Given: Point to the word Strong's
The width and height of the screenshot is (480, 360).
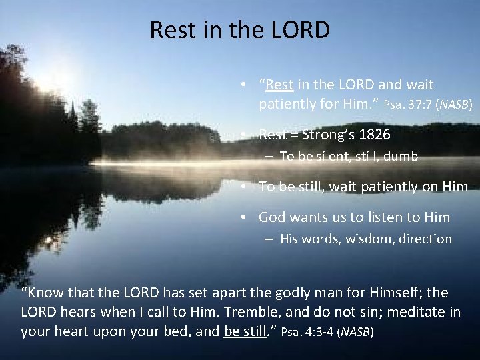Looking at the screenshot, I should (328, 134).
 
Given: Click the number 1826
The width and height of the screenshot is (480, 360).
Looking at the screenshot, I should (375, 134).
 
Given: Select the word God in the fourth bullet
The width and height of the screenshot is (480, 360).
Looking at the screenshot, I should (271, 217).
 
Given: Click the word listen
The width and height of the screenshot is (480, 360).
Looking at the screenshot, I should (391, 217).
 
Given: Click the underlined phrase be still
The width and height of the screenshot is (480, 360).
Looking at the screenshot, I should (247, 331).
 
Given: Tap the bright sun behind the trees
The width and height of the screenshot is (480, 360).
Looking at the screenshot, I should (50, 83).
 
